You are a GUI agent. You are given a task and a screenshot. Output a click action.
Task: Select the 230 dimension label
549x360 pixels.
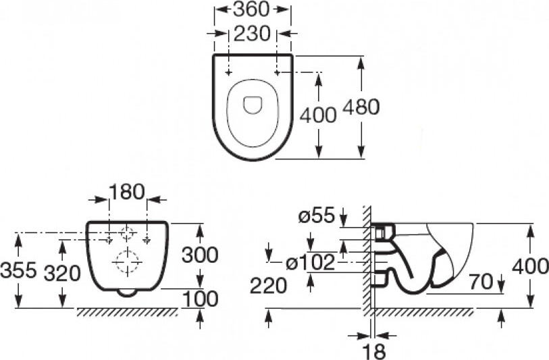[252, 34]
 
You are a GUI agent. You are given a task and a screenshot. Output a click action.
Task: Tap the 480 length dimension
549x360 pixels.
[361, 107]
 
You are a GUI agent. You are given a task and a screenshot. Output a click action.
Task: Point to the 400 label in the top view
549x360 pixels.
[318, 115]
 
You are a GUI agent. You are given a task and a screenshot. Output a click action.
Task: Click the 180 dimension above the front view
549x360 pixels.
[127, 192]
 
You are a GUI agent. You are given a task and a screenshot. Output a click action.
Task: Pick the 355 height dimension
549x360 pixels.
[18, 270]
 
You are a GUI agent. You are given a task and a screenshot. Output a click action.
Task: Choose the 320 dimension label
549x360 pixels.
[62, 274]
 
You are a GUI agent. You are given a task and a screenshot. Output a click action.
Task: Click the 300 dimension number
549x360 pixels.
[200, 255]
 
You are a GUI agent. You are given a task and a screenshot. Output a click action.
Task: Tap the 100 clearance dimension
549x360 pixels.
[201, 299]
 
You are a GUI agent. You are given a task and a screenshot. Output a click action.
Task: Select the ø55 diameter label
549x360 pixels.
[317, 215]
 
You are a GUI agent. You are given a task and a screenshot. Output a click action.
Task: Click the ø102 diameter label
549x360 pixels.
[310, 262]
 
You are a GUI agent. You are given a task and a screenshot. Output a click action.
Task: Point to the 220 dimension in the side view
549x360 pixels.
[268, 286]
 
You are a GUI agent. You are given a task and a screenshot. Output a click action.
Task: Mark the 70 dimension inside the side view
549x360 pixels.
[481, 282]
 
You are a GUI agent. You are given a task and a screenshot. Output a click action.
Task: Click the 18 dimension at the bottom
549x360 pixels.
[375, 351]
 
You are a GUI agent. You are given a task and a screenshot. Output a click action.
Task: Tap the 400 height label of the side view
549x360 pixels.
[530, 267]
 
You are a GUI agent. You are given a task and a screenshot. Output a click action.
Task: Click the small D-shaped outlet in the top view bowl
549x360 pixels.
[253, 105]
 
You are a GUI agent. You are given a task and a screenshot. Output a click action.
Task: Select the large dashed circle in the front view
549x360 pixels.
[126, 261]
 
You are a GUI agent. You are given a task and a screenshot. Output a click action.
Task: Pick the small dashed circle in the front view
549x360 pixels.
[127, 234]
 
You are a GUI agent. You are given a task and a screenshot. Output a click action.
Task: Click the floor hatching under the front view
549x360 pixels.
[127, 312]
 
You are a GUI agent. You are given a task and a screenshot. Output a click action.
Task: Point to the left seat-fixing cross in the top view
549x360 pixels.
[228, 73]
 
